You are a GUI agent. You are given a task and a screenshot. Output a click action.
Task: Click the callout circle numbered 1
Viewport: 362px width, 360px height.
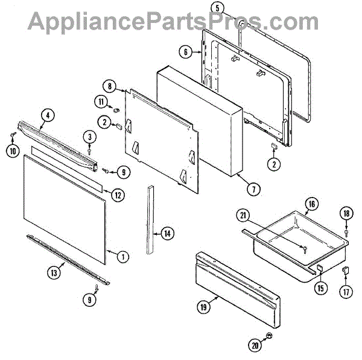point(122,257)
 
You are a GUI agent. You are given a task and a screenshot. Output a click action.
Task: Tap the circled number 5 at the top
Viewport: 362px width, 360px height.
point(218,8)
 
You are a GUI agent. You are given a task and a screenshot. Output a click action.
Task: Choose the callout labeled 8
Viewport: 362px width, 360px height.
point(109,86)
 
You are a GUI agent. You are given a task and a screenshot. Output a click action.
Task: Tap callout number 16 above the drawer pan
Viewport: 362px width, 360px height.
point(310,204)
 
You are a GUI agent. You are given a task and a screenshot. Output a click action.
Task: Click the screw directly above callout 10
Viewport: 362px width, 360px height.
point(13,136)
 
